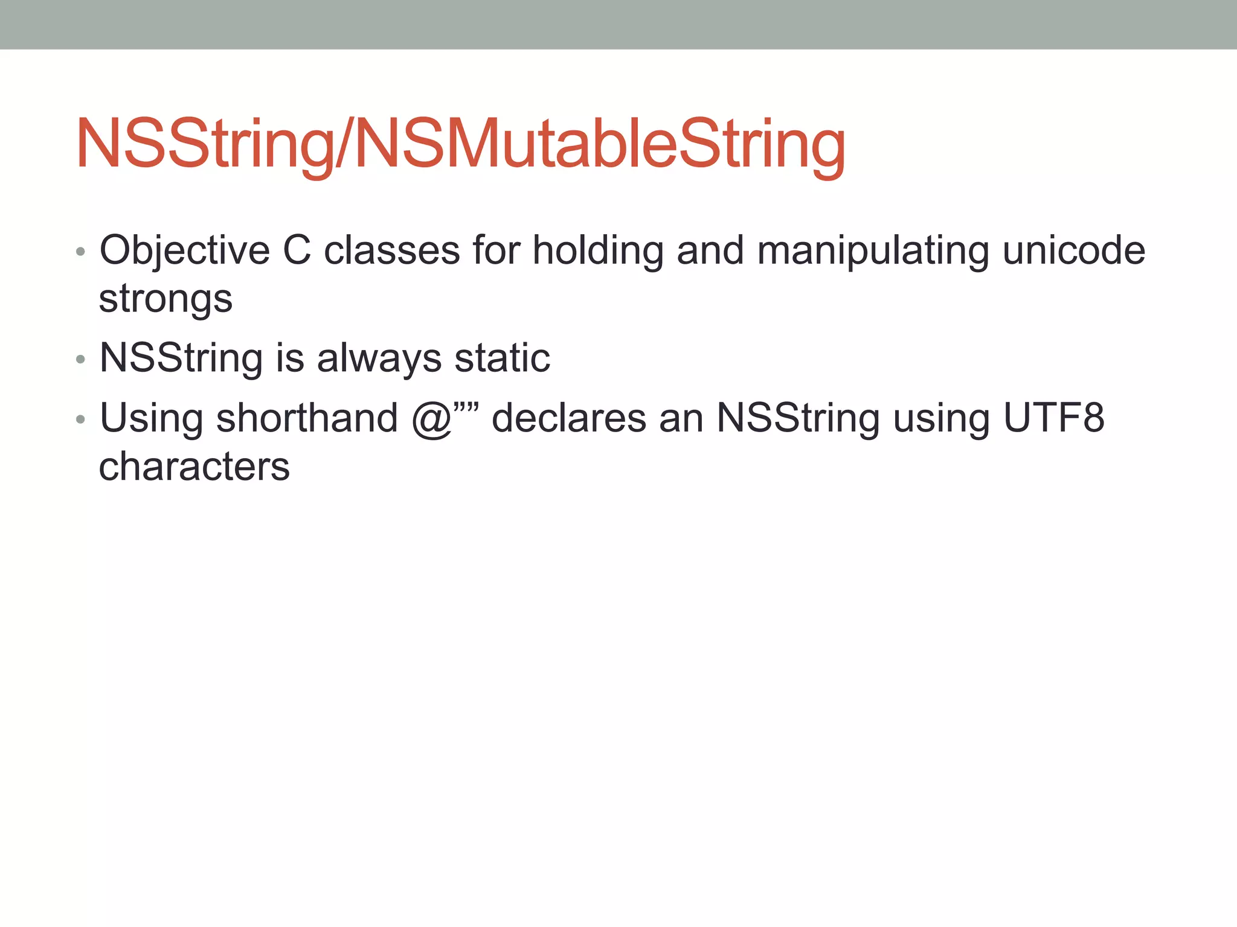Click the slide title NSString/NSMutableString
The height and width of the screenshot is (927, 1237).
tap(460, 145)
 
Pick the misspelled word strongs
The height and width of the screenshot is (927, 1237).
tap(165, 299)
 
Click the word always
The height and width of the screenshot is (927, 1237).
tap(379, 358)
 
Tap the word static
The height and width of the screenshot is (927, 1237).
tap(502, 358)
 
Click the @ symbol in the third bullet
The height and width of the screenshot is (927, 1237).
tap(431, 419)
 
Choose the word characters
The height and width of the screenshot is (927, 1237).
tap(194, 467)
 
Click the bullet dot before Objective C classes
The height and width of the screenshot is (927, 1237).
tap(81, 252)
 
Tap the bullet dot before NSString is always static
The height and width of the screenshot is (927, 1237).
tap(81, 360)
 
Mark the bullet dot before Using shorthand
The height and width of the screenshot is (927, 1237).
tap(81, 420)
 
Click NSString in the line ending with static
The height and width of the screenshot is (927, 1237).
tap(181, 358)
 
